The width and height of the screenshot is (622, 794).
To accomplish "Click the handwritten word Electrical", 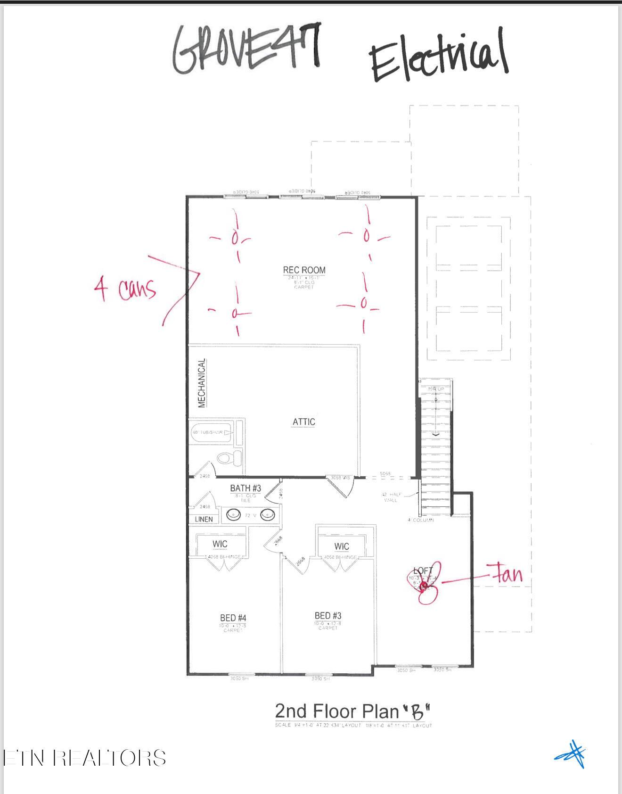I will click(x=438, y=57).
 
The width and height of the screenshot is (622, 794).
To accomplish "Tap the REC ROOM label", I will click(x=304, y=270).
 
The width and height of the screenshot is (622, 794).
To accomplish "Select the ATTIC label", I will click(x=304, y=422).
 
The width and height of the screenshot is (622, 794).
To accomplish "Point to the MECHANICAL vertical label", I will click(x=202, y=383).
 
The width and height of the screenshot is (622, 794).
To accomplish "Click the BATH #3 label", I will click(x=246, y=488).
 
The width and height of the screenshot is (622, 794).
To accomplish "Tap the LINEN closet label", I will click(x=204, y=519).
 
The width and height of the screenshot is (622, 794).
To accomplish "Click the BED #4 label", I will click(x=233, y=618).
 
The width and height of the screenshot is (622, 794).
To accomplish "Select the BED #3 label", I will click(x=328, y=615).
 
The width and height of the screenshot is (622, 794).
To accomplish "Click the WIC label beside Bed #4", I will click(x=220, y=544).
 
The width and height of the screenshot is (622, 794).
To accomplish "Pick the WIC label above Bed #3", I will click(x=342, y=546).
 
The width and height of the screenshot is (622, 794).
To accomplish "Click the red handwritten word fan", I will click(x=507, y=574).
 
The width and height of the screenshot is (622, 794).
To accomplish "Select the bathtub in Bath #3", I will click(x=212, y=432).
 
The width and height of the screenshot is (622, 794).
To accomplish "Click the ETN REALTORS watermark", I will click(x=85, y=758).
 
